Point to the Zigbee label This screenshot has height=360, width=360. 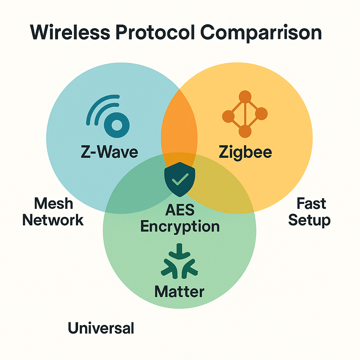pos(245,152)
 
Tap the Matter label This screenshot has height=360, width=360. pos(179,291)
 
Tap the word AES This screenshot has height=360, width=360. pos(180,210)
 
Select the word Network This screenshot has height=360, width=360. pos(53,220)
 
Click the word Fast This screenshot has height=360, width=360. pos(311,203)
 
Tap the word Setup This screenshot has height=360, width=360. pos(309,220)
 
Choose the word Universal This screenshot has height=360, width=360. pos(101,328)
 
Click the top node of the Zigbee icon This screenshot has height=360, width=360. pos(245,97)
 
